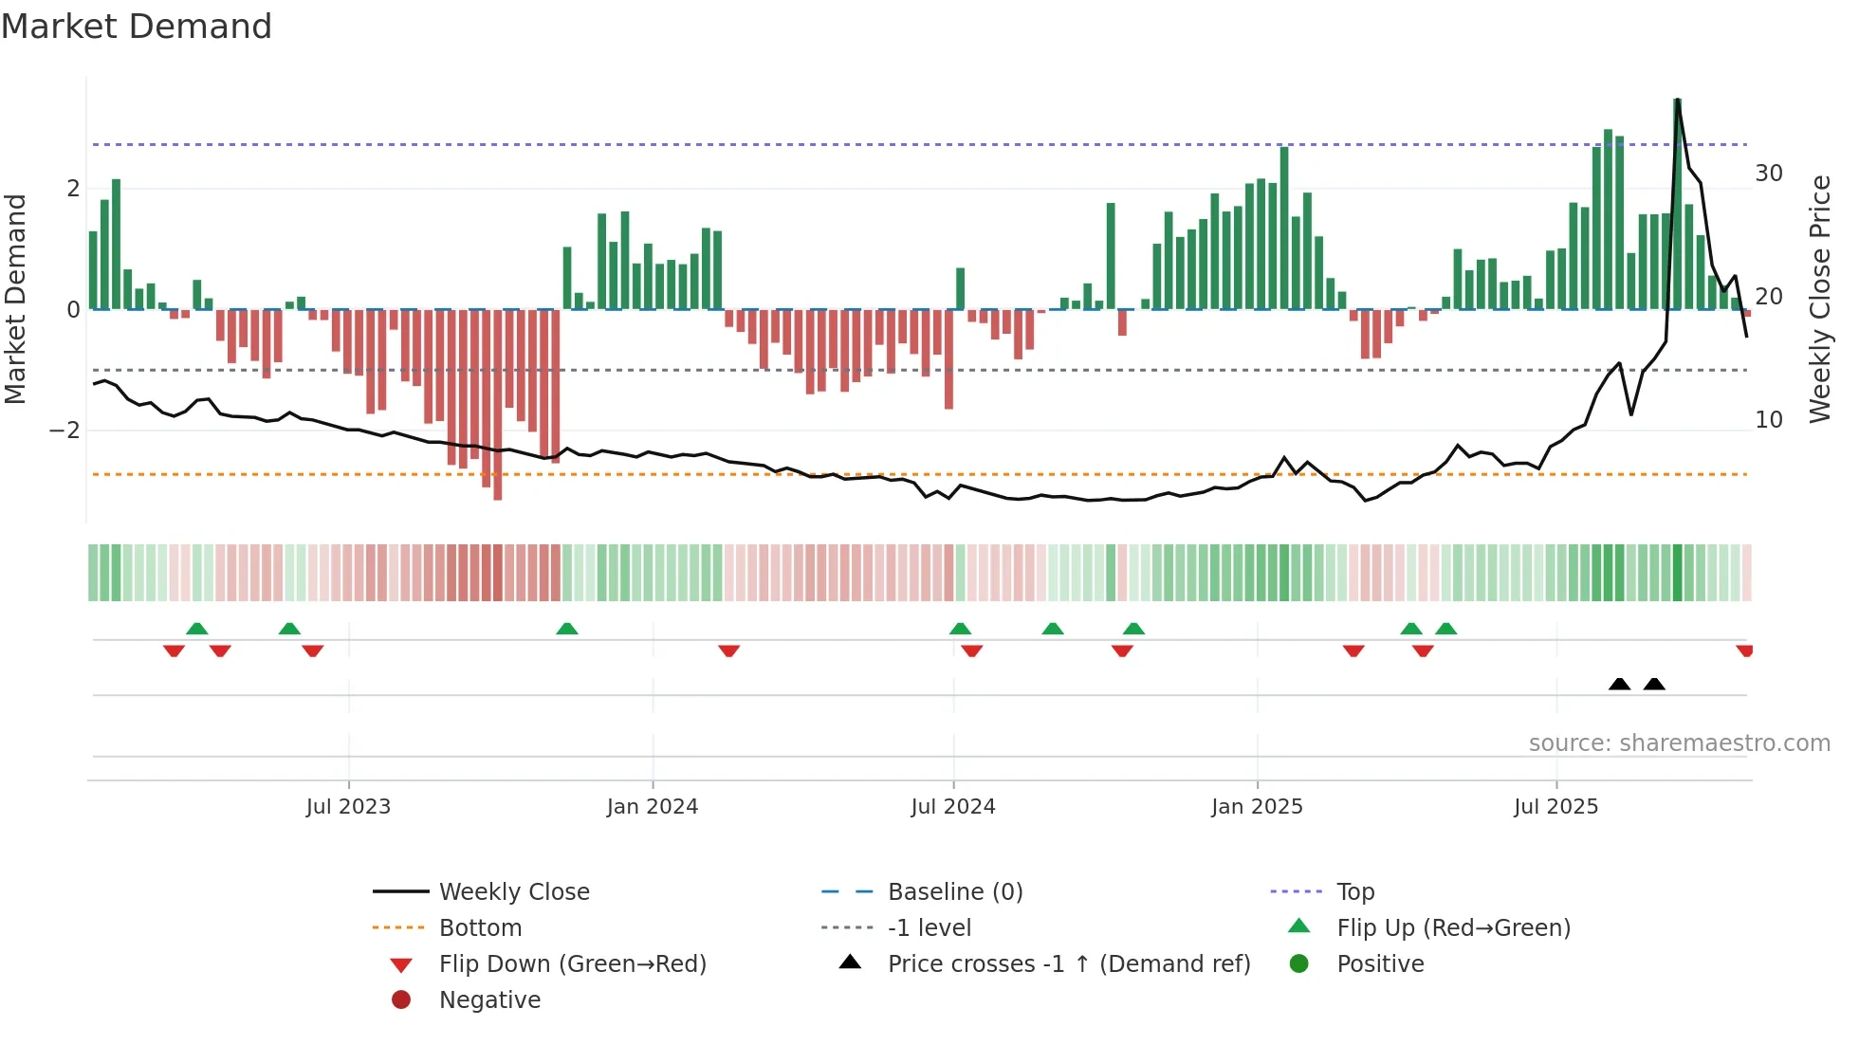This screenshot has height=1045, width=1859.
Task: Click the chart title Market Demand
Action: [137, 27]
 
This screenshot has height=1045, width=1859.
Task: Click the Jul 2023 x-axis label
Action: [348, 807]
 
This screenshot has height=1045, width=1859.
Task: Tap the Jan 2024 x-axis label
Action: [653, 807]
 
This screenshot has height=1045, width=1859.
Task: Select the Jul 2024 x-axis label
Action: [953, 807]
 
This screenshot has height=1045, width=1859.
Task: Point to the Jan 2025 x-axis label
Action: [1257, 807]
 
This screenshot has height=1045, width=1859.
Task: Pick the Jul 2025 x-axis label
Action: [1555, 807]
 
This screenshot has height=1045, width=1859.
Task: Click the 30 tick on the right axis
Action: [1769, 174]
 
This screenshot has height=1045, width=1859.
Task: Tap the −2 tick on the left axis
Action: [64, 431]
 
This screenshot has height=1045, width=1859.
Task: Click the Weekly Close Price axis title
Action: [1819, 299]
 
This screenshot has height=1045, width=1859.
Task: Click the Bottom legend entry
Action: [480, 928]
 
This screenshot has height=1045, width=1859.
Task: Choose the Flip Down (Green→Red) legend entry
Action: [572, 964]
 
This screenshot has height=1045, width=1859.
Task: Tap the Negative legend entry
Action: [489, 1000]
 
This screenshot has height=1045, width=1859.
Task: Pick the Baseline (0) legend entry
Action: [955, 892]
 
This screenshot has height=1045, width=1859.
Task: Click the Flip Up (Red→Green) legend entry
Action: [1453, 928]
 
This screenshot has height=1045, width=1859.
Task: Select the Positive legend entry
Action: [1380, 964]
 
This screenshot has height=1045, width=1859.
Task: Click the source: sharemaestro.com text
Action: [1679, 743]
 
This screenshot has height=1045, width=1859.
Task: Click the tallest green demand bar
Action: [1677, 204]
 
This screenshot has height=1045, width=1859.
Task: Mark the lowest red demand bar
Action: [498, 405]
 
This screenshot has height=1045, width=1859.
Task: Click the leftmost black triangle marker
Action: [1620, 684]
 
